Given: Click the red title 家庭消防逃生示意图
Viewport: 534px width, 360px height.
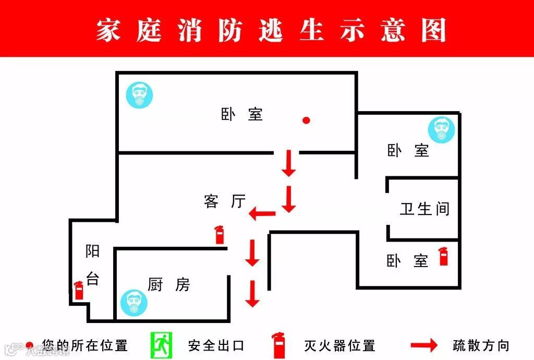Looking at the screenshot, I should [x=271, y=30].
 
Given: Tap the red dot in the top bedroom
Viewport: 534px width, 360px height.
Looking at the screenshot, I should [x=307, y=121].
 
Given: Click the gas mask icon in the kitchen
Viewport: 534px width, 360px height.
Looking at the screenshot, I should [x=133, y=303].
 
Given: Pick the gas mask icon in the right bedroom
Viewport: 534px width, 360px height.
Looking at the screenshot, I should [x=442, y=130].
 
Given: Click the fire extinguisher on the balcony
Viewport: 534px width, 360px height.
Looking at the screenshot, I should [x=79, y=290].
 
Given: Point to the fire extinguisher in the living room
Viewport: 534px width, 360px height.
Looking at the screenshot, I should [x=220, y=235].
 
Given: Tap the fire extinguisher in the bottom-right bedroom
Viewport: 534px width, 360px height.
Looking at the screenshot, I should [x=444, y=256].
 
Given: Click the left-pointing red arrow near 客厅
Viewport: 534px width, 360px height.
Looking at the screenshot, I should [x=262, y=213].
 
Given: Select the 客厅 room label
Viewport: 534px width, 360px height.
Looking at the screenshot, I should [x=225, y=201].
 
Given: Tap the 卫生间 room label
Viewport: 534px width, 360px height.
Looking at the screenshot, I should [x=424, y=209].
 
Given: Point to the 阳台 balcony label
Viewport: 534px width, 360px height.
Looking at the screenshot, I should [x=93, y=265].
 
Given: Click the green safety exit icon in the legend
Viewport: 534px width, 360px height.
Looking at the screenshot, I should [x=161, y=345].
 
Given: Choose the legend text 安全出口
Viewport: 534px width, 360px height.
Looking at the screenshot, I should [x=216, y=345].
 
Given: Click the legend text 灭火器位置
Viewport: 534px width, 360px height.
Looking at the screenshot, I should [x=339, y=345].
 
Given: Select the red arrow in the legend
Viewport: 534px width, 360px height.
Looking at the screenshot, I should [x=424, y=345].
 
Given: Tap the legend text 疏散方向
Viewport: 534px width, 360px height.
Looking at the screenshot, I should [x=481, y=345].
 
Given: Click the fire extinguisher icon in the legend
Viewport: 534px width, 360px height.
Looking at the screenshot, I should [x=278, y=345].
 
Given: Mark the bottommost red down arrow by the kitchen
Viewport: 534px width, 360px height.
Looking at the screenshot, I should [x=253, y=294].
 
